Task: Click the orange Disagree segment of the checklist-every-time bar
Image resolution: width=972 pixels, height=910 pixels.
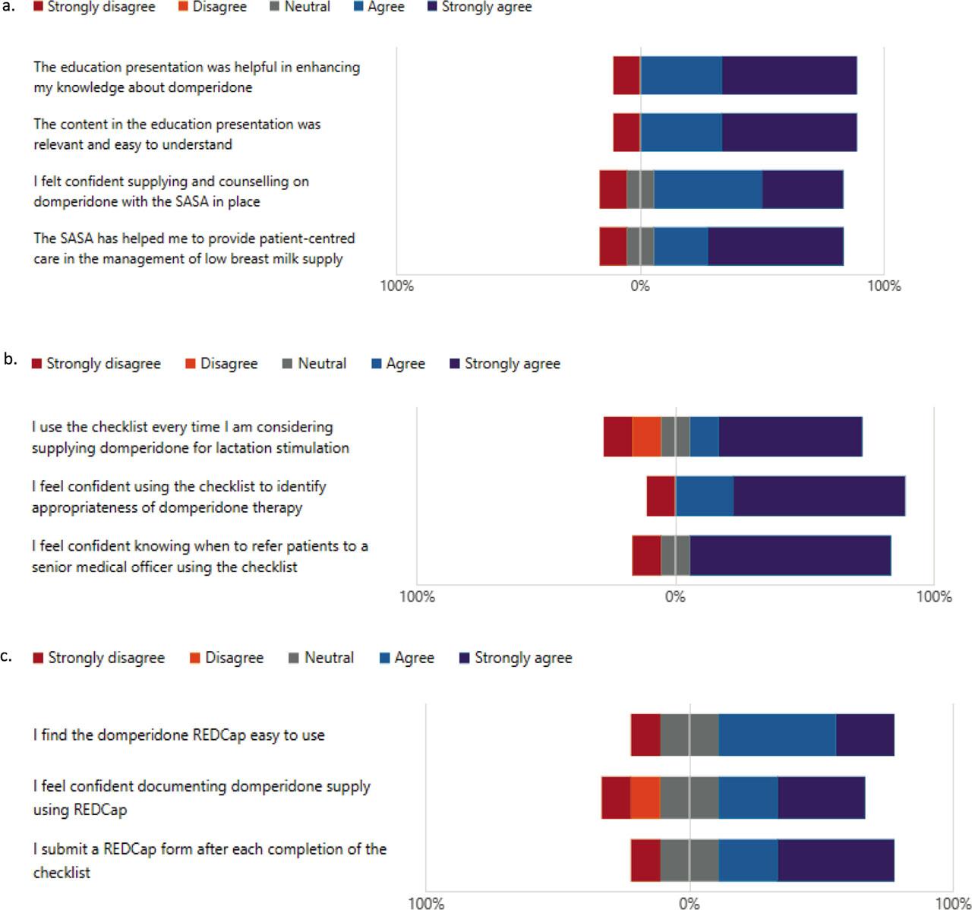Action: (647, 437)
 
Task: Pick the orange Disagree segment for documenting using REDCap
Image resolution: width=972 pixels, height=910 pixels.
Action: (645, 798)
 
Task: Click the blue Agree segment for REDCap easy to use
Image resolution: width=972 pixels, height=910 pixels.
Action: (777, 735)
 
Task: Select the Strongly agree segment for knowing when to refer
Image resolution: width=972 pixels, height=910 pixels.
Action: (790, 555)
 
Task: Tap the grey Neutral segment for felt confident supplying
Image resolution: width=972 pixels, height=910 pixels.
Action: (640, 189)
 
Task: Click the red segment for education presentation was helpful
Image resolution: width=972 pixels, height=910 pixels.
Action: (626, 75)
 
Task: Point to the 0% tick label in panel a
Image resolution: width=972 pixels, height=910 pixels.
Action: (640, 286)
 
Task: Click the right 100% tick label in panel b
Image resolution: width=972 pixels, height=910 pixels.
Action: (933, 596)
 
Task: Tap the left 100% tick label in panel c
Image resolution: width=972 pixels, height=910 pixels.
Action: (426, 903)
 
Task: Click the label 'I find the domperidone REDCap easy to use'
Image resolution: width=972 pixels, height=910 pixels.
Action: (178, 735)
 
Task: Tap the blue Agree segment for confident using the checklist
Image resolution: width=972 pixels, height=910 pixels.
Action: (705, 496)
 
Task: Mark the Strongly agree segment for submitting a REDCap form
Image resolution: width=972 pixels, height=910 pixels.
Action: (835, 861)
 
